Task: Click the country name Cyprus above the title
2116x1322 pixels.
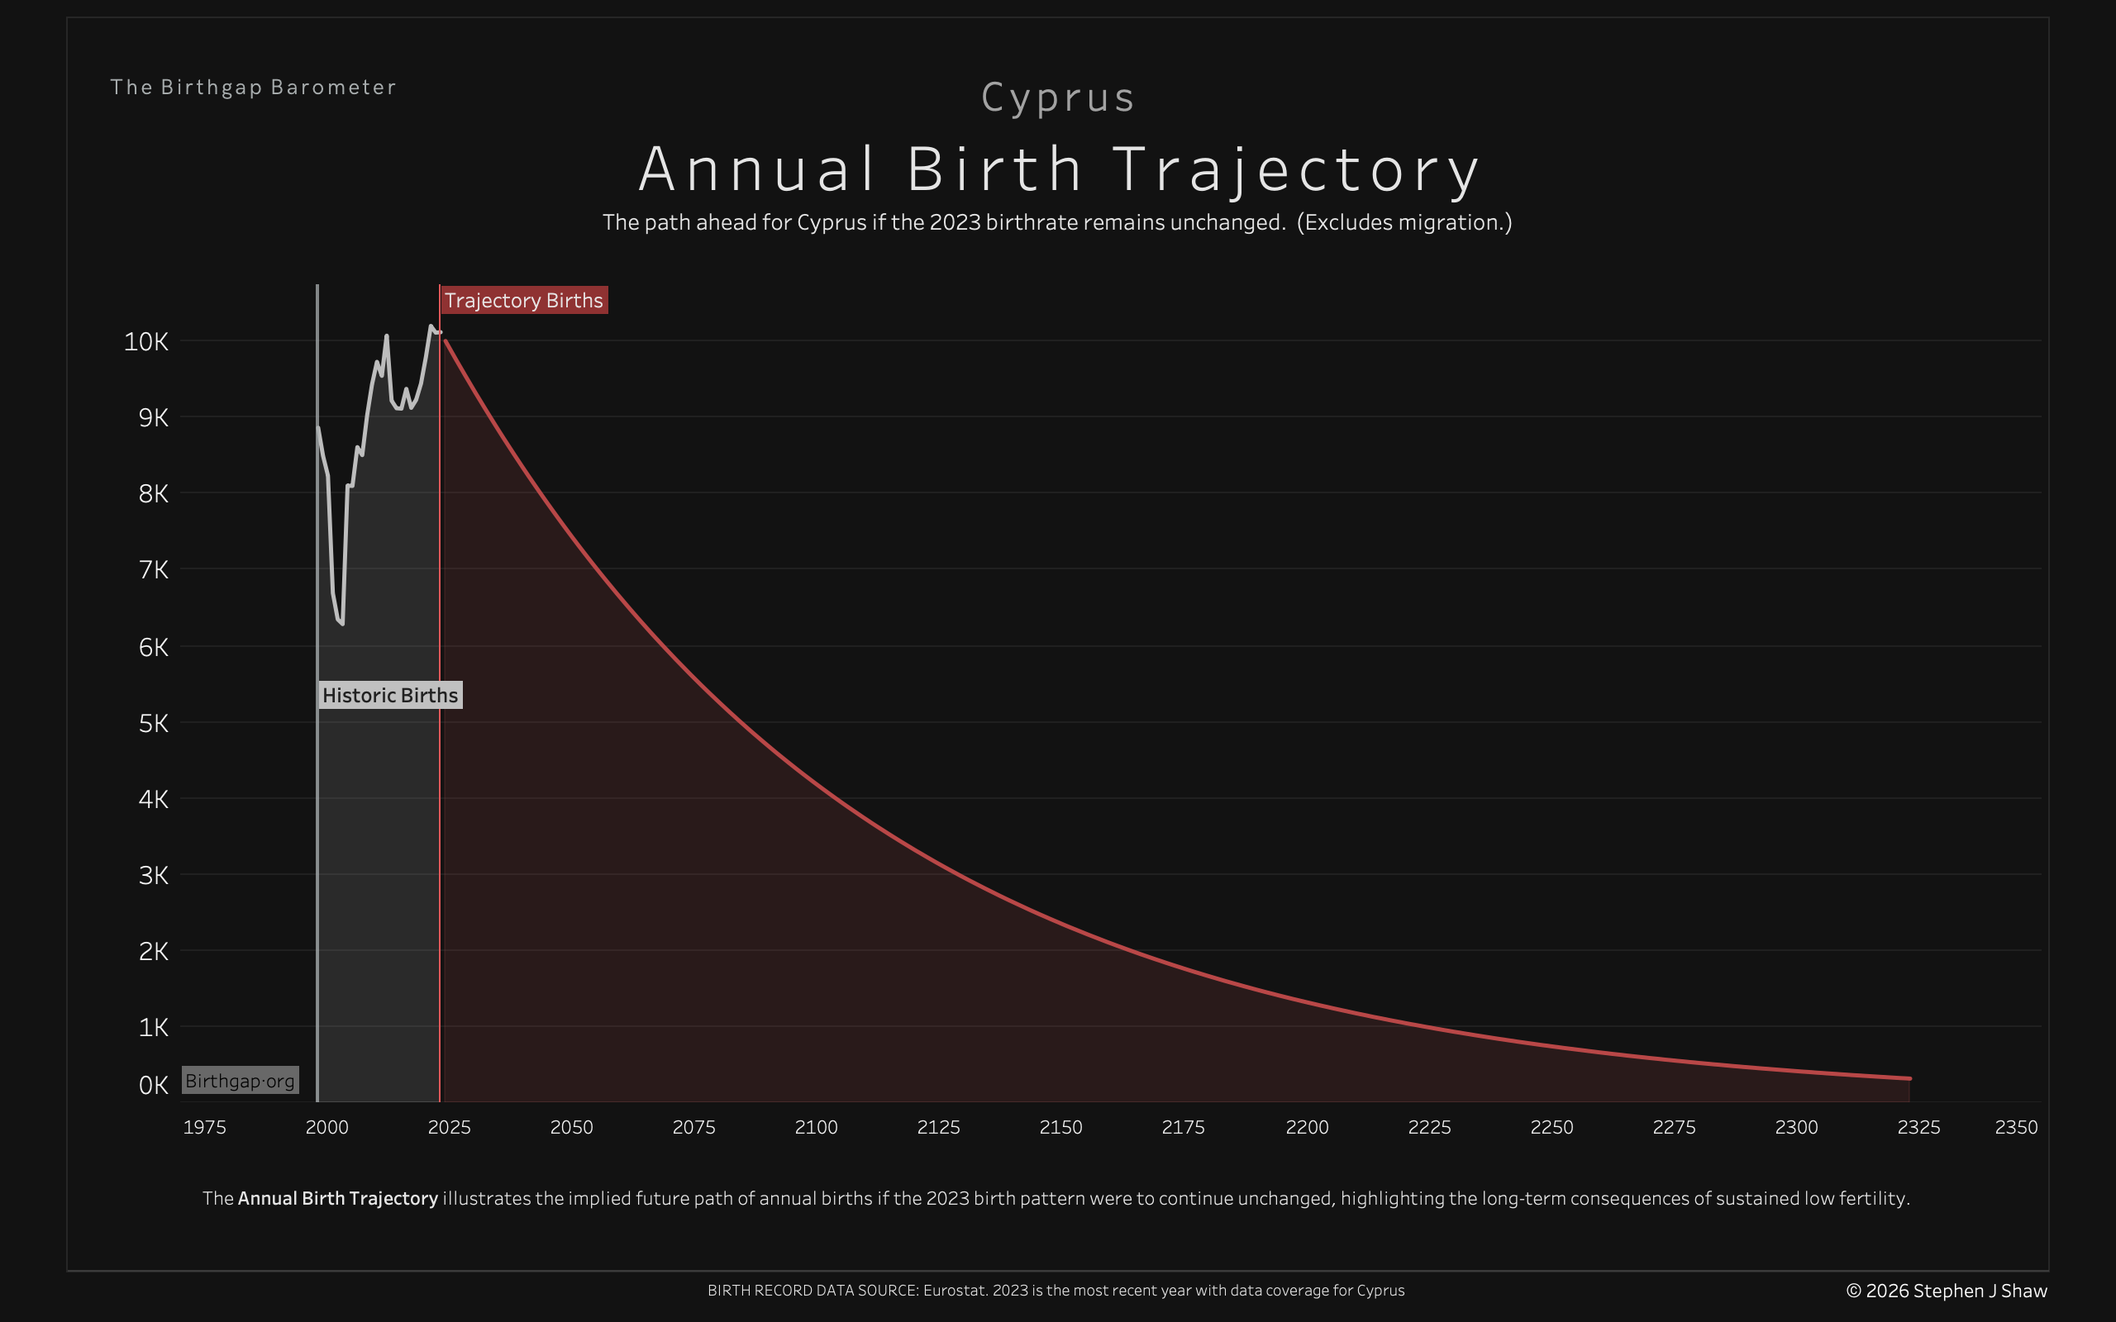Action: coord(1058,97)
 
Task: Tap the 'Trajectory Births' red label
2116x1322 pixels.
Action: coord(524,300)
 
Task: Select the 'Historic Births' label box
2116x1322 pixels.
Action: coord(390,695)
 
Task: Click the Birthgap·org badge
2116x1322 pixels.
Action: coord(241,1081)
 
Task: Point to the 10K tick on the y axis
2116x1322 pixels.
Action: coord(146,341)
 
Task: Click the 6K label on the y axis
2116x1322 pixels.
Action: coord(153,647)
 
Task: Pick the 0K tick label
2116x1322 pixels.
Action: coord(153,1085)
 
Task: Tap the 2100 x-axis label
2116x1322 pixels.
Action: coord(816,1127)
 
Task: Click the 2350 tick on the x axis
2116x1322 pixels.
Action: coord(2015,1127)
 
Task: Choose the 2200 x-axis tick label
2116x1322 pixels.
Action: coord(1307,1127)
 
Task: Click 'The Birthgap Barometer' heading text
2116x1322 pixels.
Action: coord(254,88)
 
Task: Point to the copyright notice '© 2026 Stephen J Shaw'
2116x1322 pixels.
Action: coord(1947,1291)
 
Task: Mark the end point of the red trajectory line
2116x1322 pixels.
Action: coord(1909,1078)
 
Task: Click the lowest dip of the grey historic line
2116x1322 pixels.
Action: coord(342,623)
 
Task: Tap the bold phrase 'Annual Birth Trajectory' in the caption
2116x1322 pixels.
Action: coord(337,1198)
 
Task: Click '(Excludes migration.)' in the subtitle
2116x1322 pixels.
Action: coord(1404,222)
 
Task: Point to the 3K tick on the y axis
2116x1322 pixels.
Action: coord(153,875)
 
